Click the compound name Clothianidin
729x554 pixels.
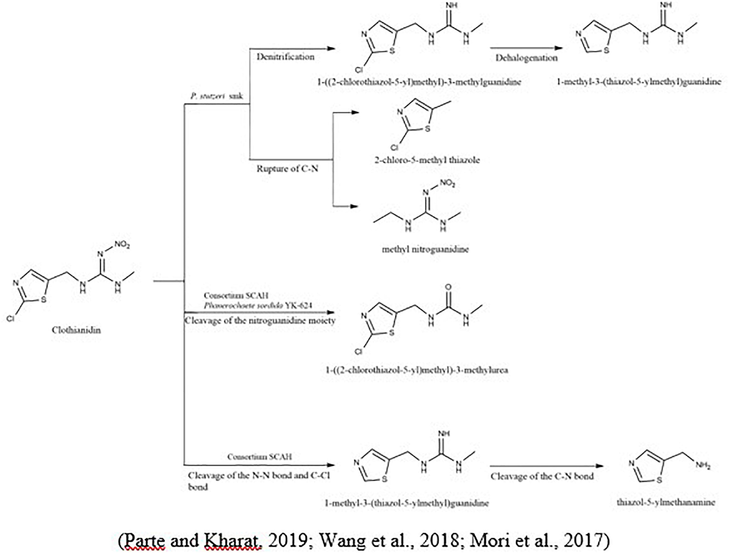tap(76, 330)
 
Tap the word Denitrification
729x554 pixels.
tap(285, 57)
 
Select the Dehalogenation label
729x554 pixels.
tap(526, 58)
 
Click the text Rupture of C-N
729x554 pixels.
tap(287, 168)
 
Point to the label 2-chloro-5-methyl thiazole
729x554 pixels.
tap(427, 160)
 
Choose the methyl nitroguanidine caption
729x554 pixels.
tap(425, 249)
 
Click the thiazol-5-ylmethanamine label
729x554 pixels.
tap(666, 502)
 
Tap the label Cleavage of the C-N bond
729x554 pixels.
tap(542, 476)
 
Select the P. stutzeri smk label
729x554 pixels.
tap(216, 96)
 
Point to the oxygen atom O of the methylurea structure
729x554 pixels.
tap(448, 287)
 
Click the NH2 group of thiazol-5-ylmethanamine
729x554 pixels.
tap(703, 466)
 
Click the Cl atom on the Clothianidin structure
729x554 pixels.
tap(10, 318)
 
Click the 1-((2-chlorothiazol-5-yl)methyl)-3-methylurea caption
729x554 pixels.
tap(417, 370)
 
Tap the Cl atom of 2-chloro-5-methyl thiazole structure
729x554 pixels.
tap(394, 147)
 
